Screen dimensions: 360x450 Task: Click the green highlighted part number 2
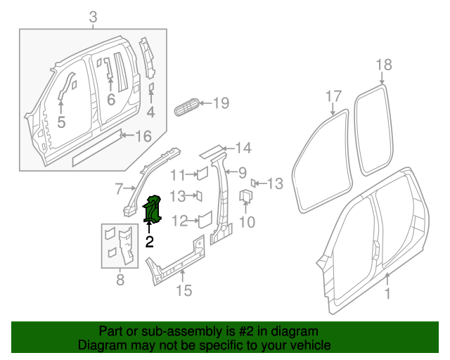coord(153,210)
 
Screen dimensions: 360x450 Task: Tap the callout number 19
coord(221,104)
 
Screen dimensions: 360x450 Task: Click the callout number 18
coord(383,65)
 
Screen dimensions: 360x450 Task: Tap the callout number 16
coord(143,136)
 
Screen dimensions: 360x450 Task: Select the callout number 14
coord(243,148)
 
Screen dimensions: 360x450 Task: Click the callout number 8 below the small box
coord(119,281)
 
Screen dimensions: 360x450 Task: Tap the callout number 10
coord(247,223)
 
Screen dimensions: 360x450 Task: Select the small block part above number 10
coord(247,196)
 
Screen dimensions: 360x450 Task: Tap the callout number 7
coord(120,188)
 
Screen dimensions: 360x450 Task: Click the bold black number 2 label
coord(149,242)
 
